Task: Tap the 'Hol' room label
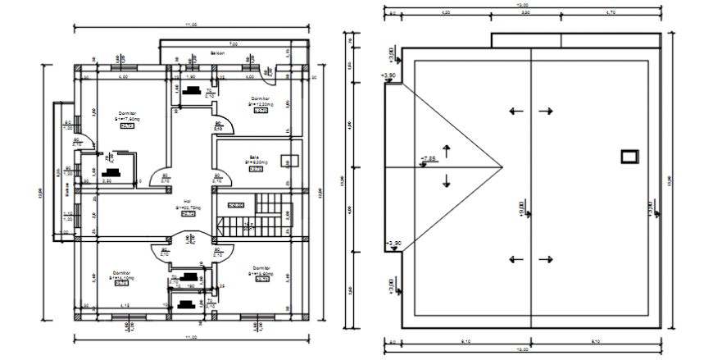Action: pos(187,200)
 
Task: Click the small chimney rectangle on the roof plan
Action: pos(629,156)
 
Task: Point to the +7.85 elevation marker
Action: pos(428,158)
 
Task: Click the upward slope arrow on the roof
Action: pos(446,150)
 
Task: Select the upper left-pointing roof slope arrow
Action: pos(515,112)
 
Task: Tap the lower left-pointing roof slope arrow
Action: pos(515,260)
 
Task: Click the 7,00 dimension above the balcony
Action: pos(233,43)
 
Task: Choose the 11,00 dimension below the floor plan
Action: pos(192,338)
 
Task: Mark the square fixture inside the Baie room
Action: pos(287,161)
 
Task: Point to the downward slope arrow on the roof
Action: pos(446,180)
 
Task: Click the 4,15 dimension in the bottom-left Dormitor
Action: pos(124,306)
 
